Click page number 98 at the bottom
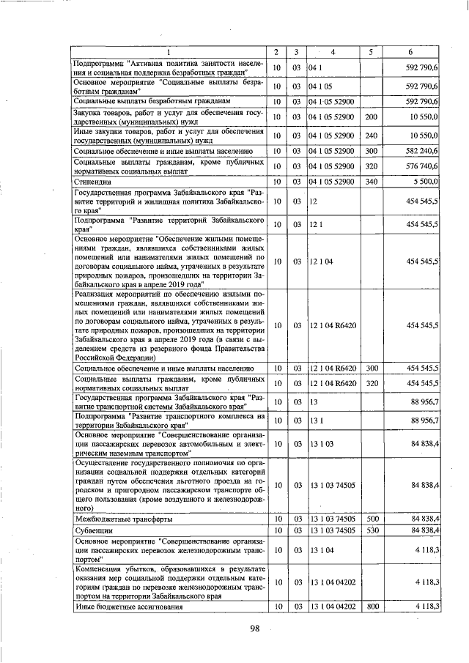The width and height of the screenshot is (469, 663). pyautogui.click(x=255, y=628)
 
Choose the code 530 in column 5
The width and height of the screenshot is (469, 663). pyautogui.click(x=371, y=530)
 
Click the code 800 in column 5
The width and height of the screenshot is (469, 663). pyautogui.click(x=371, y=607)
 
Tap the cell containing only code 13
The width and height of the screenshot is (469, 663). pyautogui.click(x=313, y=402)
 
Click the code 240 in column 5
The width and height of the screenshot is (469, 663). pyautogui.click(x=371, y=136)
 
